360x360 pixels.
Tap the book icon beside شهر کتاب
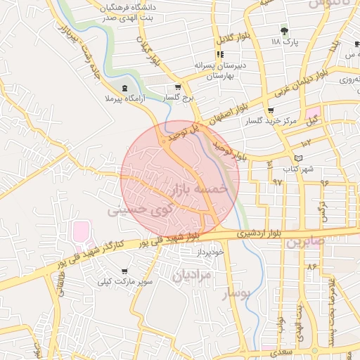[x=300, y=158]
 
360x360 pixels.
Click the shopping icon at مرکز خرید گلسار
[x=271, y=110]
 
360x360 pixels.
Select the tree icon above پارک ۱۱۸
[x=284, y=31]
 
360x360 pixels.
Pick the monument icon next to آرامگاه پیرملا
[x=125, y=88]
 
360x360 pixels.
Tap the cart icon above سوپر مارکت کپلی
[x=125, y=271]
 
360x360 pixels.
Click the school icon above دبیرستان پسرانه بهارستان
[x=220, y=54]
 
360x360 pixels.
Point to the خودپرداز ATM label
[x=210, y=251]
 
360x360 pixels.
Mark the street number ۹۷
[x=277, y=181]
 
